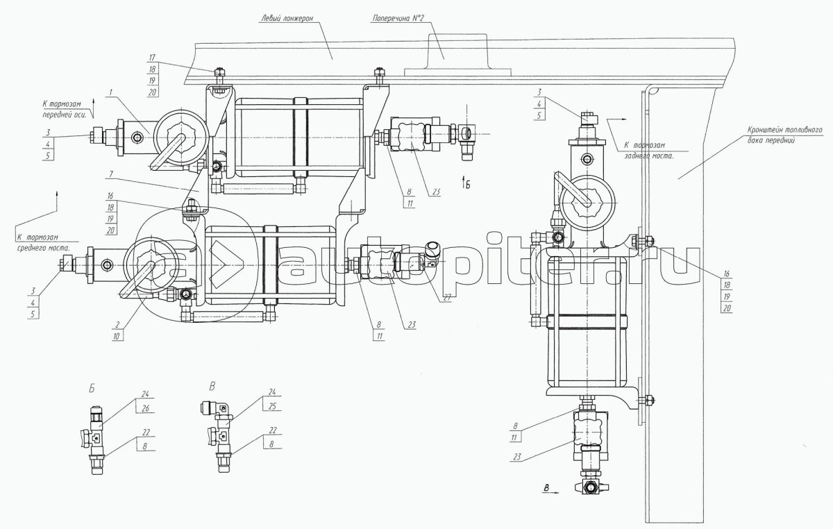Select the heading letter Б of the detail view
click(92, 386)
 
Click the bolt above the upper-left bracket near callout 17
click(219, 72)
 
